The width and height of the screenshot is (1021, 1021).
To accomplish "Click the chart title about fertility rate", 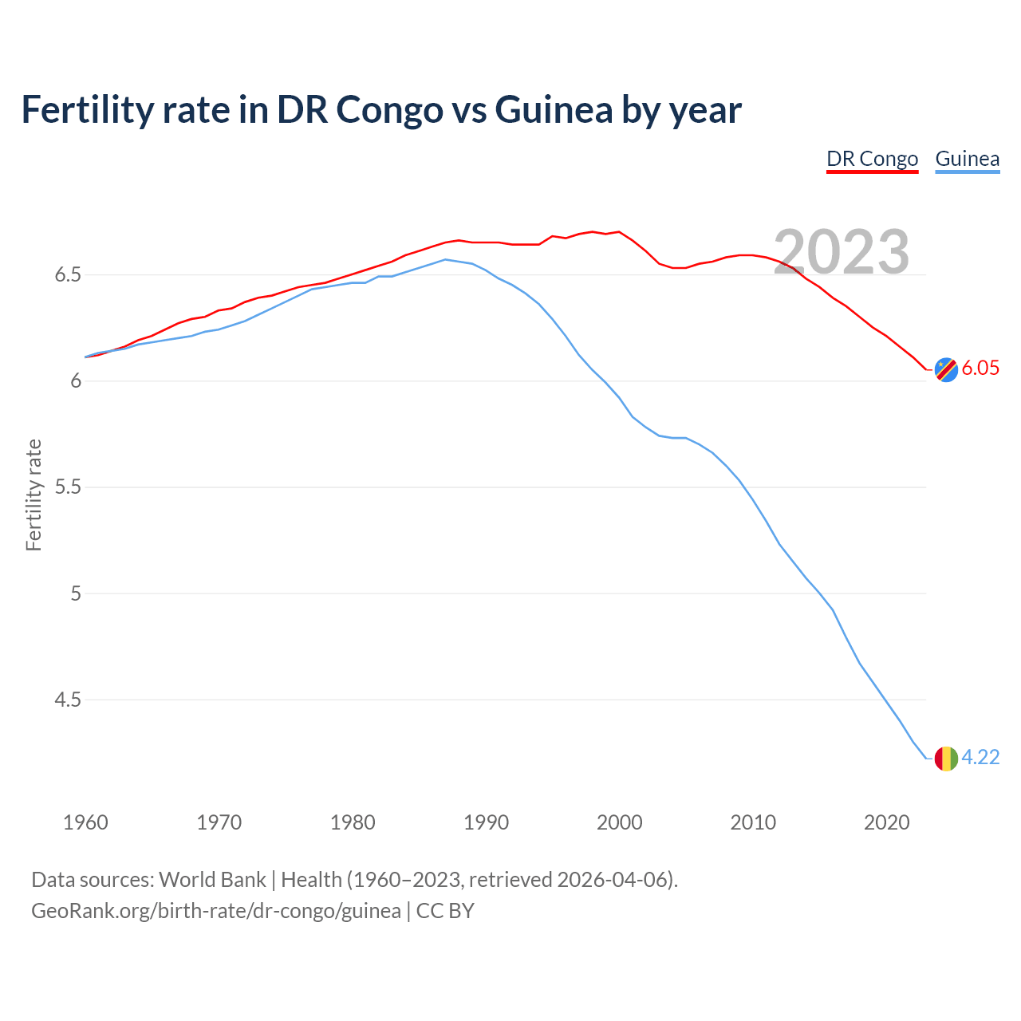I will coord(381,110).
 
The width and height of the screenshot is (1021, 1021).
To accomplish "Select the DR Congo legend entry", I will coord(872,159).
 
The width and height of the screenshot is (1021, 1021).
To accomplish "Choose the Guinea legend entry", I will coord(967,159).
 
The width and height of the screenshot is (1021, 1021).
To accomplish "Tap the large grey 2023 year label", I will coord(842,252).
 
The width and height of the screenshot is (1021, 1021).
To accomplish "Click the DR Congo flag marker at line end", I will coord(946,369).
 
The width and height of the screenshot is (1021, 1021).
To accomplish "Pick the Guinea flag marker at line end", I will coord(946,758).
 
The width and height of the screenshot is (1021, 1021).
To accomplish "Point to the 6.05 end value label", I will coord(980,368).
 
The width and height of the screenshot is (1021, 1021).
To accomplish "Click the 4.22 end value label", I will coord(980,757).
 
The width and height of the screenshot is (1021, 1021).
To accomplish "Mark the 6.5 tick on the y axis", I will coord(68,275).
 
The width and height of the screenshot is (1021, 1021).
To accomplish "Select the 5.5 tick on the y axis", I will coord(68,487).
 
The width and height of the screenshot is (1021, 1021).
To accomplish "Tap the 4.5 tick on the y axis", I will coord(68,700).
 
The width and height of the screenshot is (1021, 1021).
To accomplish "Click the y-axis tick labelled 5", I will coord(76,593).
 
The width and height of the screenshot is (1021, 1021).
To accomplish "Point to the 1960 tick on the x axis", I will coord(85,822).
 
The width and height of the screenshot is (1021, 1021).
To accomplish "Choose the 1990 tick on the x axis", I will coord(486,822).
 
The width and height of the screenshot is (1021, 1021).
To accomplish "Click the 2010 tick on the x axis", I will coord(753,822).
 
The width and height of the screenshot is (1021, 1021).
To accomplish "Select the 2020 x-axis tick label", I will coord(886,822).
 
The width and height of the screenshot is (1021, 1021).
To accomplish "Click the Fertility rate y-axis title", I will coord(34,495).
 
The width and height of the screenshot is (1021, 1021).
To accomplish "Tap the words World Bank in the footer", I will coord(212,880).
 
